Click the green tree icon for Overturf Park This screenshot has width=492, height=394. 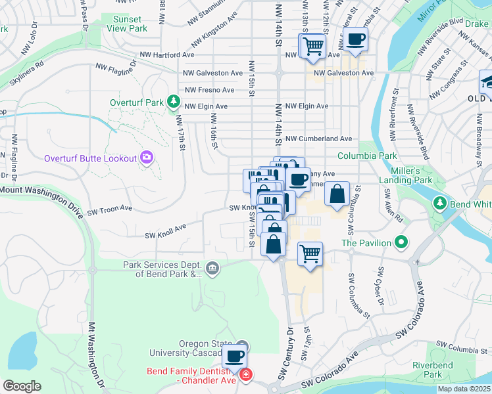click(174, 102)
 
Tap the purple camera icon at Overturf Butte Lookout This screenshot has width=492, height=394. click(146, 157)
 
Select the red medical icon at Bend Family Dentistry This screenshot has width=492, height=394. click(246, 375)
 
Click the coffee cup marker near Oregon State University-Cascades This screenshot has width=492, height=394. click(234, 357)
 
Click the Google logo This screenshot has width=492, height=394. click(22, 386)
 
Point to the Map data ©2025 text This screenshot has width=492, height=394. click(463, 389)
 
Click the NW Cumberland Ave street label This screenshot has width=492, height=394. click(317, 139)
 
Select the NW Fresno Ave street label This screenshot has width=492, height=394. click(210, 90)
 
